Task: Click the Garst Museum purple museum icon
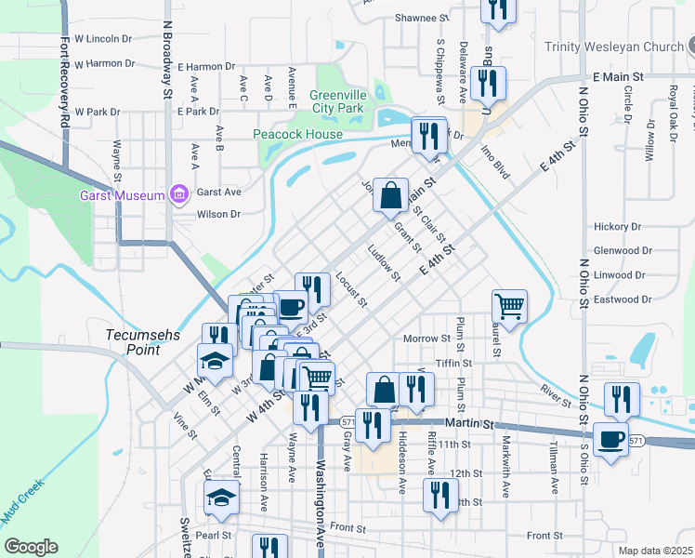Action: coord(178,194)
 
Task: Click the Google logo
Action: coord(31,546)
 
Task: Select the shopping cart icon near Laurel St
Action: coord(509,304)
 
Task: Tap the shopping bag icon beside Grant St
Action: coord(391,194)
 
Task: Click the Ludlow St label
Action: coord(384,263)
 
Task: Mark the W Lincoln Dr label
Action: coord(103,39)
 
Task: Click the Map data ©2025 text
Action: coord(654,551)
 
